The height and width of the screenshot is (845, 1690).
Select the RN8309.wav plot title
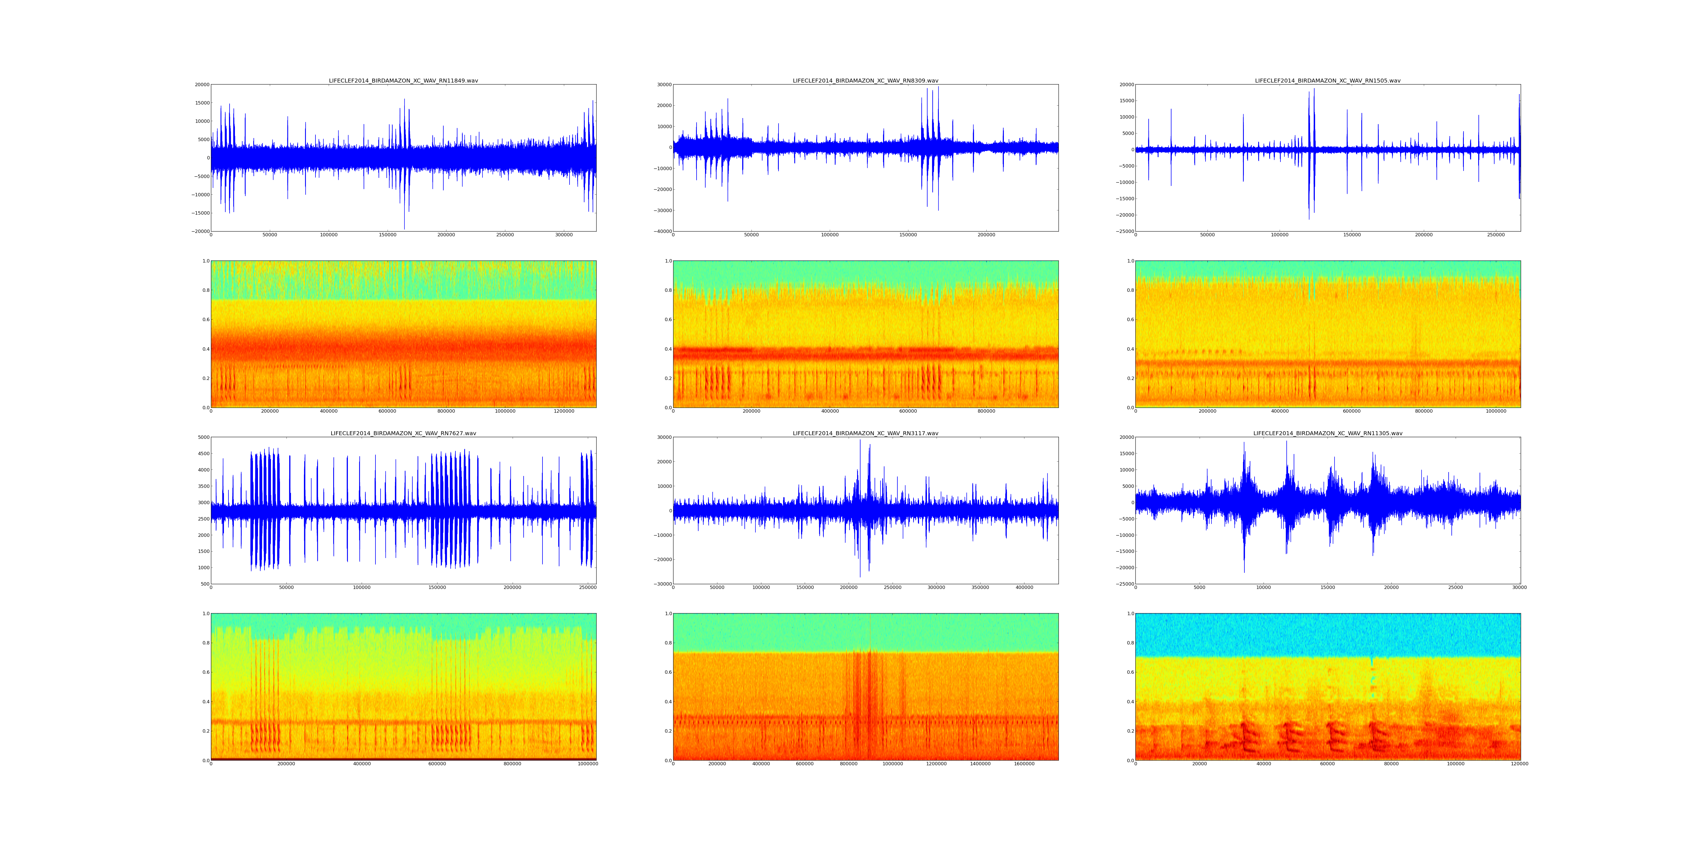point(865,81)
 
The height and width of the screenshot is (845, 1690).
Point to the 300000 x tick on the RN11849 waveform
point(564,235)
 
